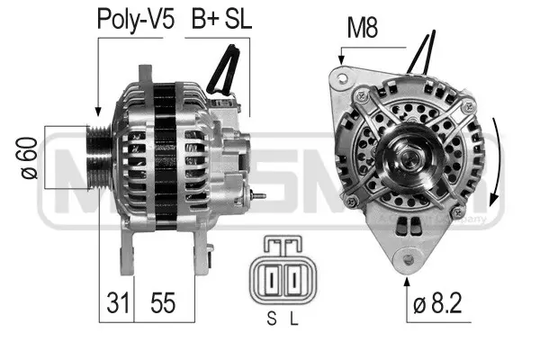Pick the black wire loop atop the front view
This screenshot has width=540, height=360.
[x=423, y=52]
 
